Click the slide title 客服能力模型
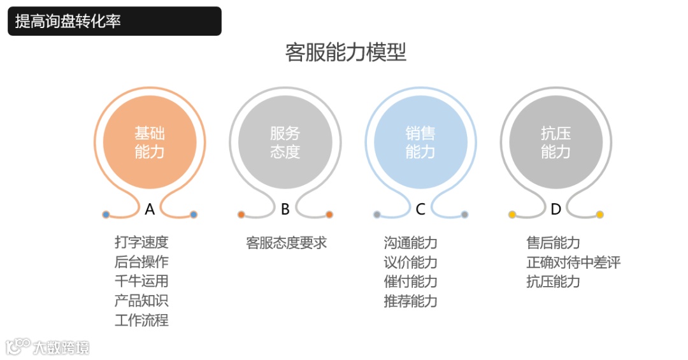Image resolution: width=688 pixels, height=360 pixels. (x=345, y=52)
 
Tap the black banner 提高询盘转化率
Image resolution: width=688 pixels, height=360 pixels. (x=115, y=21)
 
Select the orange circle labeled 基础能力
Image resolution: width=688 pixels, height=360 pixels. (x=150, y=143)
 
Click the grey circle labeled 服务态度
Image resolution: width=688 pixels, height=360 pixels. (x=285, y=143)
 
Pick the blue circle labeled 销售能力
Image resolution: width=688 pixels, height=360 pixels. (x=420, y=143)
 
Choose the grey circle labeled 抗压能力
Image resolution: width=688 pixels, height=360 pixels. (x=555, y=143)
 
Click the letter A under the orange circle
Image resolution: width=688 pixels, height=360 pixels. (x=150, y=209)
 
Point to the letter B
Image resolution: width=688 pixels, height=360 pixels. (x=285, y=209)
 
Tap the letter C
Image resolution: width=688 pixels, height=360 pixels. (x=420, y=209)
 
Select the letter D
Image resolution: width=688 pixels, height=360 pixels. (x=555, y=209)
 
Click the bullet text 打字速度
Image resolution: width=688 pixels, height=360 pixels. (x=141, y=242)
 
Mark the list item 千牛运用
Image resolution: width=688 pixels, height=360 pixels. (x=141, y=281)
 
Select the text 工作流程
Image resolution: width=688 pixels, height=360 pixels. (x=141, y=320)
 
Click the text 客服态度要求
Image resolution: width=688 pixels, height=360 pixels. (x=286, y=243)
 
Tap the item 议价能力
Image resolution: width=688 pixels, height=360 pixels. (x=410, y=262)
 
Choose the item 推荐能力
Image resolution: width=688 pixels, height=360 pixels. (x=410, y=301)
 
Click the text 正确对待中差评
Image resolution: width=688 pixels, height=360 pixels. (x=573, y=262)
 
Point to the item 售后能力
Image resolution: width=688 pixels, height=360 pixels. (x=553, y=243)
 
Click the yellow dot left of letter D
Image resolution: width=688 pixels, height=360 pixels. (x=512, y=215)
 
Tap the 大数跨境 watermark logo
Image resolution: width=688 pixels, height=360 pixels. (x=48, y=347)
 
